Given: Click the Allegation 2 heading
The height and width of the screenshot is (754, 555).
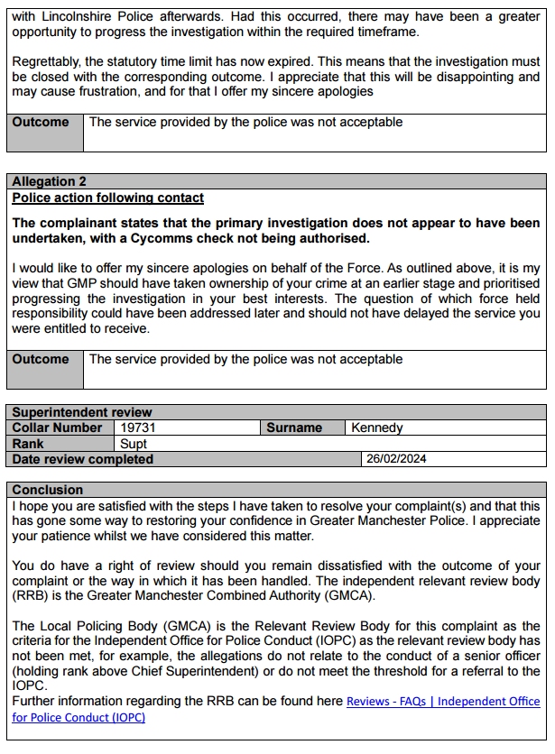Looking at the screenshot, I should point(50,181).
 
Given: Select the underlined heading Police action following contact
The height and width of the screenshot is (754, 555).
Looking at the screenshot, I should point(108,198).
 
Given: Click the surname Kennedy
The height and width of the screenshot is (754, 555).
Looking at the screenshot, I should point(377,428).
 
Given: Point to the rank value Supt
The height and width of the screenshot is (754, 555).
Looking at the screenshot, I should point(134,444).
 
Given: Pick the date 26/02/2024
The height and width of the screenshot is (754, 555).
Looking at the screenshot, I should point(396,459).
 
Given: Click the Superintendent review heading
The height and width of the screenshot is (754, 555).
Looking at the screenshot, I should point(82,413).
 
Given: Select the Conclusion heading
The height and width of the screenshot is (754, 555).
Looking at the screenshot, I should point(48,490).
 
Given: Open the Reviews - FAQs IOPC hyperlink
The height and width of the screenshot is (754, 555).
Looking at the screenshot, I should point(443,701).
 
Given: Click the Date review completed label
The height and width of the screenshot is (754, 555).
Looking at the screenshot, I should point(83,459).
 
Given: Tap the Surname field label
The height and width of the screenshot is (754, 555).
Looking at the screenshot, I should point(294,428).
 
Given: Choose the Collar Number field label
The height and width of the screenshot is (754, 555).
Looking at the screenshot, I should point(58,428).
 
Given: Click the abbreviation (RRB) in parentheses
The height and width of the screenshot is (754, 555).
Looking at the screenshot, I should point(32,598).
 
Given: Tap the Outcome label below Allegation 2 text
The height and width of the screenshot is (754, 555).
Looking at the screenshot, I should point(41,359).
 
